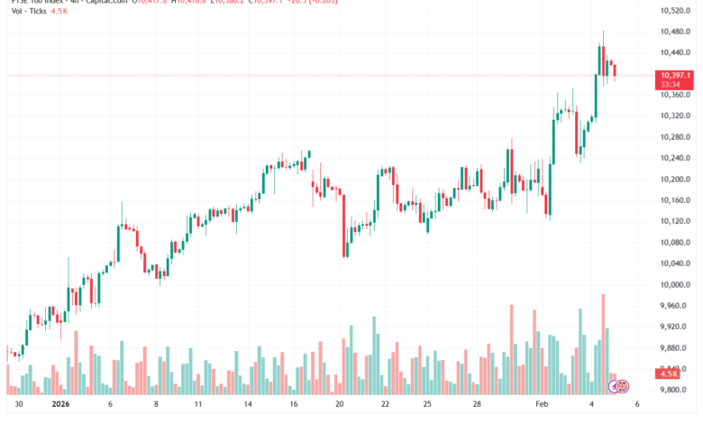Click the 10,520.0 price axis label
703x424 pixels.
tap(675, 10)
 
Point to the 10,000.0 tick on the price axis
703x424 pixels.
tap(675, 285)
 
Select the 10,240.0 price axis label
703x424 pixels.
tap(675, 158)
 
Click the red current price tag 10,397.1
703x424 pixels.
tap(675, 75)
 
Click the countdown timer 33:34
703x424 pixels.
tap(671, 84)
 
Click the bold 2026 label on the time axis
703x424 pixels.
tap(61, 405)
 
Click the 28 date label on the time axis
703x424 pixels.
tap(477, 405)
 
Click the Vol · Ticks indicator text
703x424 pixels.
tap(28, 10)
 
